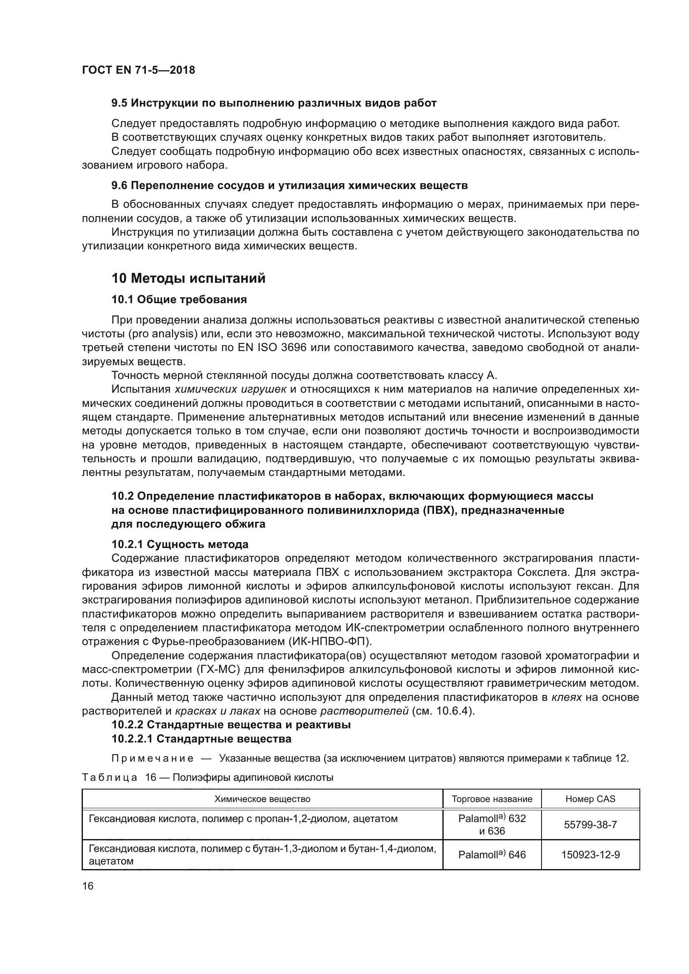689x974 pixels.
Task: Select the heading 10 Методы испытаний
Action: coord(188,278)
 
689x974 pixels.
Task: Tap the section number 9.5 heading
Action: coord(120,103)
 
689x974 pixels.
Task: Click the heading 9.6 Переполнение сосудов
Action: coord(290,185)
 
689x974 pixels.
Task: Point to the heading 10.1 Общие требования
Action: coord(179,299)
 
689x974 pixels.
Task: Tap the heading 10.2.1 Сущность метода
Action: coord(180,544)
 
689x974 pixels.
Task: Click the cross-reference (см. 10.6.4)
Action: coord(443,711)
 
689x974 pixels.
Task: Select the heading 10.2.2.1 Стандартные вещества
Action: coord(201,739)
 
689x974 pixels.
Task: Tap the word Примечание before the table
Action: coord(152,758)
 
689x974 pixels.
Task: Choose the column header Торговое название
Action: coord(492,799)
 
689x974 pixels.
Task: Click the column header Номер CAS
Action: coord(590,799)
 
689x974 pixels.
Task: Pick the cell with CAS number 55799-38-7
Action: coord(590,825)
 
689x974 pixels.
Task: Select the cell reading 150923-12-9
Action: coord(590,854)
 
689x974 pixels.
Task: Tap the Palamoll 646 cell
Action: coord(492,854)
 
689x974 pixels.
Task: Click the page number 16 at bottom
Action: coord(88,886)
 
